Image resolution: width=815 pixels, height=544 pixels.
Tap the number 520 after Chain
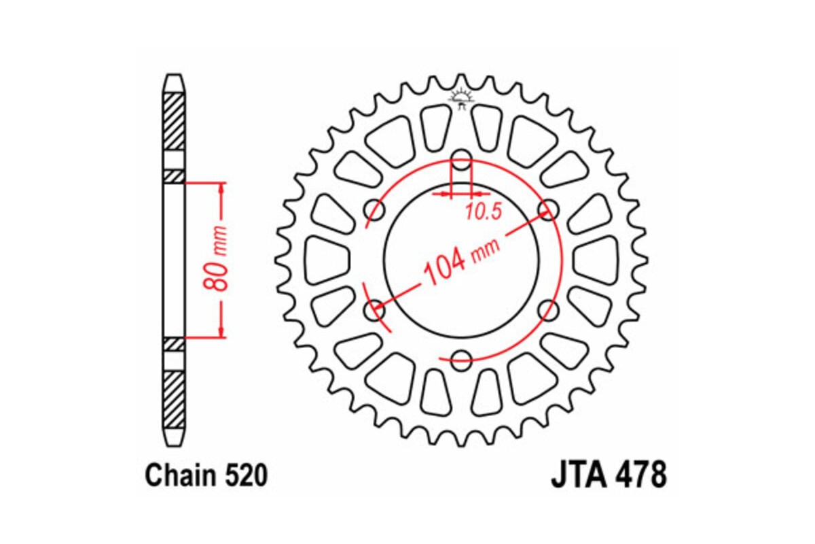(x=244, y=476)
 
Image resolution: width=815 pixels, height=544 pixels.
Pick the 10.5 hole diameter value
(x=483, y=212)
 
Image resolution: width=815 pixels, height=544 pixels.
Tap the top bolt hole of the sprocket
(x=462, y=164)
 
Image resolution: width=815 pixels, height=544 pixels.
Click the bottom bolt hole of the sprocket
(x=462, y=360)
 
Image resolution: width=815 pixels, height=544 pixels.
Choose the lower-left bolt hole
(x=376, y=311)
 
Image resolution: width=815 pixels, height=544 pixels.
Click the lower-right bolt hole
(x=547, y=311)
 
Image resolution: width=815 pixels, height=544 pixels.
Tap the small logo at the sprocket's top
(x=462, y=100)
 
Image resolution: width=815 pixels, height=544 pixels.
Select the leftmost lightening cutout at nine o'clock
(x=326, y=260)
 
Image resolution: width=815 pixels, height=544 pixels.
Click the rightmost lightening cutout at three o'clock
(x=596, y=260)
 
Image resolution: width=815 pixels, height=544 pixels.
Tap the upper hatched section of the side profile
(x=174, y=120)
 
